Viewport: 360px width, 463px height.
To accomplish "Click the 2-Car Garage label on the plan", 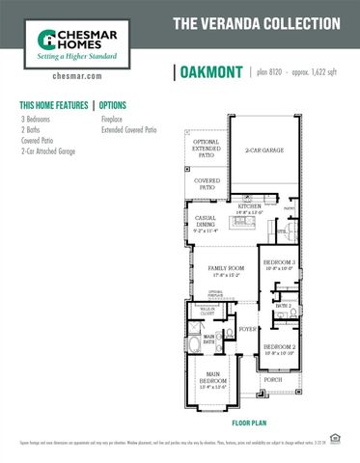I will [x=264, y=150].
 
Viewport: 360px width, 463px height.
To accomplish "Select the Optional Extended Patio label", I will [x=207, y=150].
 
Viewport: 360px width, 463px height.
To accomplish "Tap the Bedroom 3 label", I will [x=280, y=263].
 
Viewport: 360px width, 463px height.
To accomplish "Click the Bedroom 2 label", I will [x=279, y=348].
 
